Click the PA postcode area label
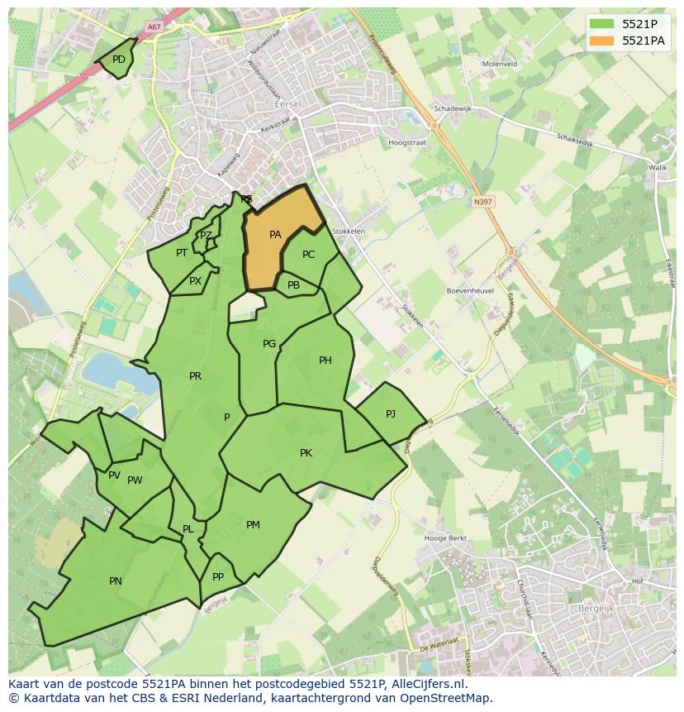[x=275, y=235]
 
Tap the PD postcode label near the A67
[x=119, y=60]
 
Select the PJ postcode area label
[x=391, y=413]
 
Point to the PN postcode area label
[x=116, y=581]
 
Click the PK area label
[x=306, y=453]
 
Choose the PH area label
[x=325, y=361]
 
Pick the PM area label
[x=253, y=525]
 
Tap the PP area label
[x=218, y=577]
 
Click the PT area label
[x=181, y=253]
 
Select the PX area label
[x=195, y=281]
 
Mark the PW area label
[x=135, y=480]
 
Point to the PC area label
[x=308, y=255]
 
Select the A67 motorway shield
[x=153, y=26]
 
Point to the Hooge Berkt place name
[x=445, y=538]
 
